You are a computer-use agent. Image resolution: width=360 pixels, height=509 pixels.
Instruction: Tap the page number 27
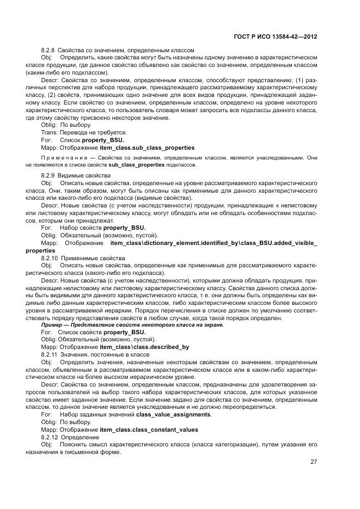point(314,462)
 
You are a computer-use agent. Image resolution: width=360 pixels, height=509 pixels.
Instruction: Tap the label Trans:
point(49,132)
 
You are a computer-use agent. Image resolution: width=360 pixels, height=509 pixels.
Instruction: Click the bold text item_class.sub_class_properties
point(147,147)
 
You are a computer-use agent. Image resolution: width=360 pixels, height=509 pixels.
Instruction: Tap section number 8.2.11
point(50,354)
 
